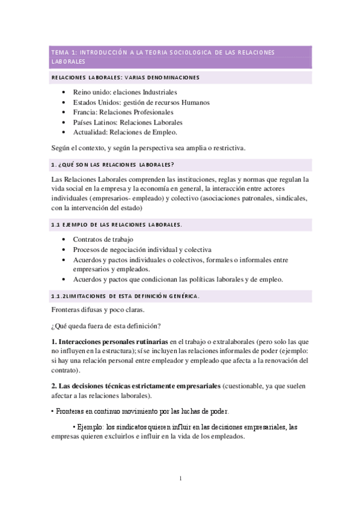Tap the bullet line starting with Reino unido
(x=125, y=93)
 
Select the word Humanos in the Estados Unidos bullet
(x=192, y=102)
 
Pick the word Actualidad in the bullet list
(x=91, y=132)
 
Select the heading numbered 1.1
(x=117, y=224)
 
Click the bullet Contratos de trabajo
(x=103, y=239)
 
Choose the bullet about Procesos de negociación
(x=142, y=250)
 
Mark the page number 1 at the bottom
(x=180, y=479)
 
